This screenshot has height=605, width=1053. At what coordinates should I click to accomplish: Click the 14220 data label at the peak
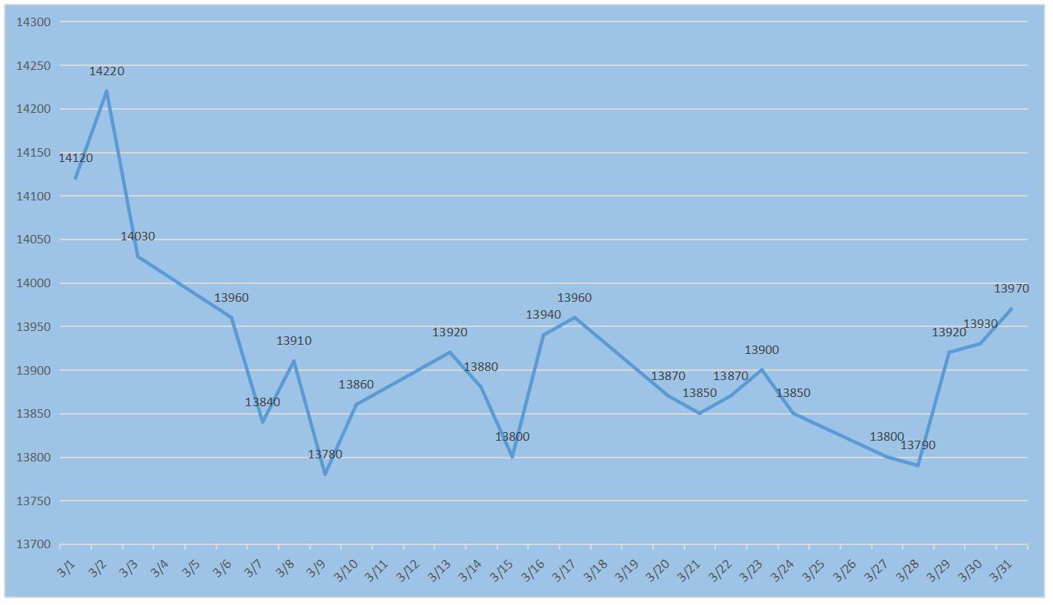106,71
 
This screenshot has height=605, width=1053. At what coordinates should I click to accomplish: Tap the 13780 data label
325,455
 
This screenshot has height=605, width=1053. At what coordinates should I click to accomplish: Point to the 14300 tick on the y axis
33,21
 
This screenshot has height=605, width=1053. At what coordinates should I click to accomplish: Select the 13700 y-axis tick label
33,544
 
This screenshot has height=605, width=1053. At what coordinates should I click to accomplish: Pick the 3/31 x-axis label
1000,570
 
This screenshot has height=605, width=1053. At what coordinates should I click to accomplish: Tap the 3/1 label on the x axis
67,569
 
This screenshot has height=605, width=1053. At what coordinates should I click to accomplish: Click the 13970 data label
1011,289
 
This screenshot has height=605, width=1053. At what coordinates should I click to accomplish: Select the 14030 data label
137,236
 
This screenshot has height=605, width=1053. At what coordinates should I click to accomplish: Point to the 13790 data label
917,445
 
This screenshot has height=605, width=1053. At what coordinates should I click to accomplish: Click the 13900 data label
761,350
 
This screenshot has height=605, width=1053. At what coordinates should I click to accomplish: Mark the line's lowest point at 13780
325,474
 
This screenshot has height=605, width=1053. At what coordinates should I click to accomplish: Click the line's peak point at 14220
106,91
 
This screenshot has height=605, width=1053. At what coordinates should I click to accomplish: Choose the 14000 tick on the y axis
33,283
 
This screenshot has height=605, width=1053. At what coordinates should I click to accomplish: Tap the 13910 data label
293,341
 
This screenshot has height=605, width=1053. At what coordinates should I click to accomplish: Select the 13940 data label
543,315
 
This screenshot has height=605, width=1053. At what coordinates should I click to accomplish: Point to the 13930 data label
980,324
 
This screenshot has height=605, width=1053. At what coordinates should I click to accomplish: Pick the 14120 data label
75,158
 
